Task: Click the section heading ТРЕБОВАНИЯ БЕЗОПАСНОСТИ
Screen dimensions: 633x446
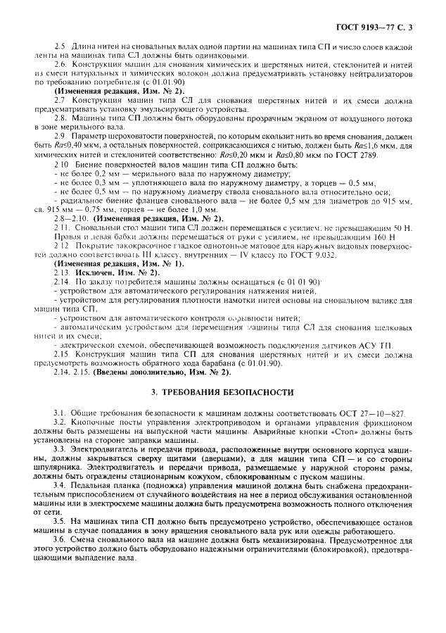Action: pyautogui.click(x=225, y=391)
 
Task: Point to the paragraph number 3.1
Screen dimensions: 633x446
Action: pyautogui.click(x=60, y=410)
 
